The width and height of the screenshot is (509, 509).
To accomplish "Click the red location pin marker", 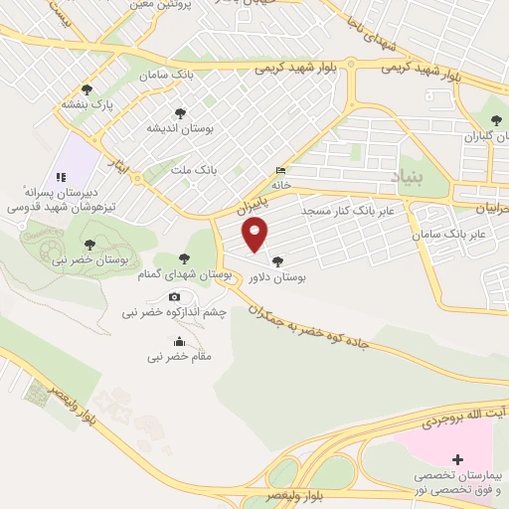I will point(256,235).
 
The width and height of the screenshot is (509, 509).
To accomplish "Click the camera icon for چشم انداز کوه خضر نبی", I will point(175,296).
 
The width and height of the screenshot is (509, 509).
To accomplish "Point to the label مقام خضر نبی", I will point(180,355).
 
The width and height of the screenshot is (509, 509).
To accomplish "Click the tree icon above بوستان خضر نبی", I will point(89,244).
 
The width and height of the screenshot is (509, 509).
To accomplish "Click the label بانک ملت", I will point(193,171).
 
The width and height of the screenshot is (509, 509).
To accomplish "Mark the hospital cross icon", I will point(457,459).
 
